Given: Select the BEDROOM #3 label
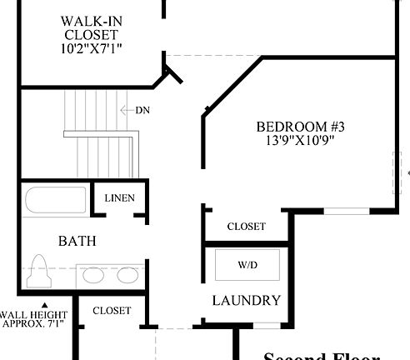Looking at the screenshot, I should tap(299, 127).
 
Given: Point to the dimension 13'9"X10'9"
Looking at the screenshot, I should tap(299, 141).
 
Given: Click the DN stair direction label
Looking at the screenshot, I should tap(142, 110).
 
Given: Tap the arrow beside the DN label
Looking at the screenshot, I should tap(126, 110).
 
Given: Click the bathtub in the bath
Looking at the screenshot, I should tap(55, 202).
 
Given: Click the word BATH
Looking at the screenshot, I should tap(77, 242).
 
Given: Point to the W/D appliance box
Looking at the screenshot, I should tap(247, 266).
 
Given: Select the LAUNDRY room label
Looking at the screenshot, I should tap(246, 301).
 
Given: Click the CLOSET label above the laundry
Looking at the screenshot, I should tap(247, 227).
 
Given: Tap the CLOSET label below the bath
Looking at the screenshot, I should tap(112, 311).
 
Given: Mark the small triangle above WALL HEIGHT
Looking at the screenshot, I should tap(46, 304).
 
